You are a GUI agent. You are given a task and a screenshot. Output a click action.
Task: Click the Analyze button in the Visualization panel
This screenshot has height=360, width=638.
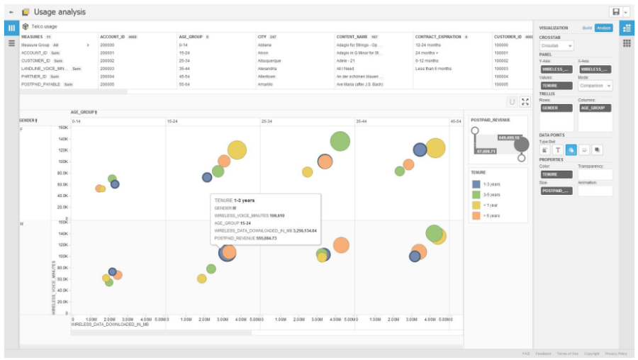click(604, 28)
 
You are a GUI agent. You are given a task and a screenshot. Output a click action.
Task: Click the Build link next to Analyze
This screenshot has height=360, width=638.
click(587, 28)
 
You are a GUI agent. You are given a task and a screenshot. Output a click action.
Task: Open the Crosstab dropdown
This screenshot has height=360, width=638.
click(556, 45)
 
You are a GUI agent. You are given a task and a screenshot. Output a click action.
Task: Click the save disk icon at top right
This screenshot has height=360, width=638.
click(615, 12)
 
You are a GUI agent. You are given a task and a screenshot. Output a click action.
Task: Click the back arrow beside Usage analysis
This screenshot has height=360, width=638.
click(11, 12)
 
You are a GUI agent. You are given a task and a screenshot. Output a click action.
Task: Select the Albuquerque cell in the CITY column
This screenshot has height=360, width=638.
click(269, 60)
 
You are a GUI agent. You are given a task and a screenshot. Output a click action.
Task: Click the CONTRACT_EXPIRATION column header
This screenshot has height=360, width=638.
click(438, 37)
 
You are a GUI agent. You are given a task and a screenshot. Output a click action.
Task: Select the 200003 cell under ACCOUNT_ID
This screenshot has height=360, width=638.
click(107, 68)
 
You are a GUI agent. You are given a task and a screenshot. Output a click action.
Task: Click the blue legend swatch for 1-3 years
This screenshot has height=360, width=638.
click(476, 184)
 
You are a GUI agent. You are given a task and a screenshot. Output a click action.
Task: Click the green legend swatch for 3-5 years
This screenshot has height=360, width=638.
click(476, 194)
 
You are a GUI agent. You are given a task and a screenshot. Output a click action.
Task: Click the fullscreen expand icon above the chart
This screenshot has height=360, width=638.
click(525, 102)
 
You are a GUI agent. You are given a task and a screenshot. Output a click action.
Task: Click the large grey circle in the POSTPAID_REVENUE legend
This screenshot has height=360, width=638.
click(522, 145)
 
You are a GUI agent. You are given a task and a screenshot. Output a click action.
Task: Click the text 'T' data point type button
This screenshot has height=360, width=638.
click(558, 150)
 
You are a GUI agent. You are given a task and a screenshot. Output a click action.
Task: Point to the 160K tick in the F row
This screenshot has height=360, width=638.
click(62, 128)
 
